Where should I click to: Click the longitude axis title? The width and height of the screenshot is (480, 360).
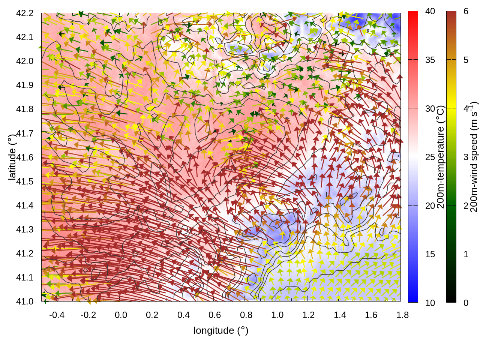(221, 330)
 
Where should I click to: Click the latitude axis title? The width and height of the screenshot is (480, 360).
(12, 156)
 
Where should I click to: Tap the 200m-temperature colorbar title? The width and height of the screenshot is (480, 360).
(441, 157)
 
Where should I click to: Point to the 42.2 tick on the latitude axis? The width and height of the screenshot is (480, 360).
(25, 13)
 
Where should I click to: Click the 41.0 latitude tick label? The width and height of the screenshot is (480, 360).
(25, 301)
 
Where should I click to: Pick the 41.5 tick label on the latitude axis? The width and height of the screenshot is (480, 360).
(25, 181)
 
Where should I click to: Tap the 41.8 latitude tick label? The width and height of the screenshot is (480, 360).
(25, 109)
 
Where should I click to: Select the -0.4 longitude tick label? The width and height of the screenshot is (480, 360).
(57, 315)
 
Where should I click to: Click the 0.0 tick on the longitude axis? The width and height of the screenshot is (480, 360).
(121, 315)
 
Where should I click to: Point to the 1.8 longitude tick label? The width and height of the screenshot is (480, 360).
(402, 315)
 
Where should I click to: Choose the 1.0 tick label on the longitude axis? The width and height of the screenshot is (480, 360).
(277, 315)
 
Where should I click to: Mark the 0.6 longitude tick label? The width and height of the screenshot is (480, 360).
(214, 315)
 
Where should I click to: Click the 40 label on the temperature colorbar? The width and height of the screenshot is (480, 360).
(430, 11)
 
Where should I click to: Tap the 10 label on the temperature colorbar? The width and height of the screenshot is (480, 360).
(430, 303)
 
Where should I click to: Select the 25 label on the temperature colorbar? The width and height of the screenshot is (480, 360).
(430, 157)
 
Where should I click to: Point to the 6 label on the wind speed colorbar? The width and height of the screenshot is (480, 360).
(466, 11)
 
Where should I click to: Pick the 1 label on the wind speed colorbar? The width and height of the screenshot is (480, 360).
(466, 254)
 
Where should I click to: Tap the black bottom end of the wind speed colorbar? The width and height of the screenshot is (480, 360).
(451, 300)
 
